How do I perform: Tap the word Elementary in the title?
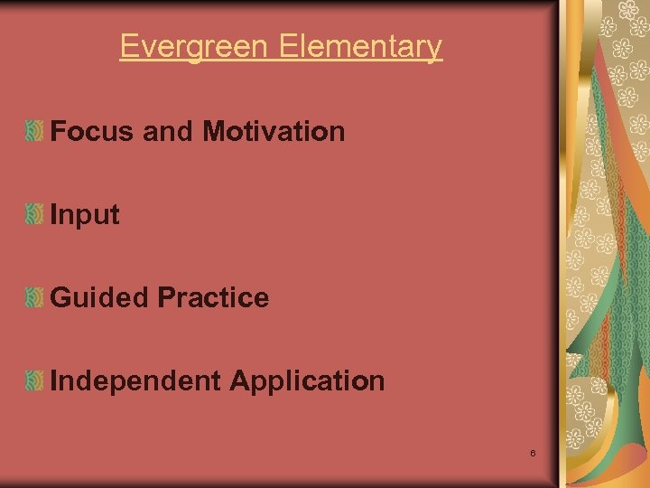tap(360, 46)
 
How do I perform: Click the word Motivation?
tap(274, 132)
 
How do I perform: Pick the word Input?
tap(85, 215)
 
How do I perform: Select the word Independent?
tap(135, 381)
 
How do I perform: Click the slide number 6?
tap(534, 452)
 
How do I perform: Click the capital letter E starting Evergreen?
tap(128, 46)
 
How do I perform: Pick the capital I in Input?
tap(54, 215)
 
